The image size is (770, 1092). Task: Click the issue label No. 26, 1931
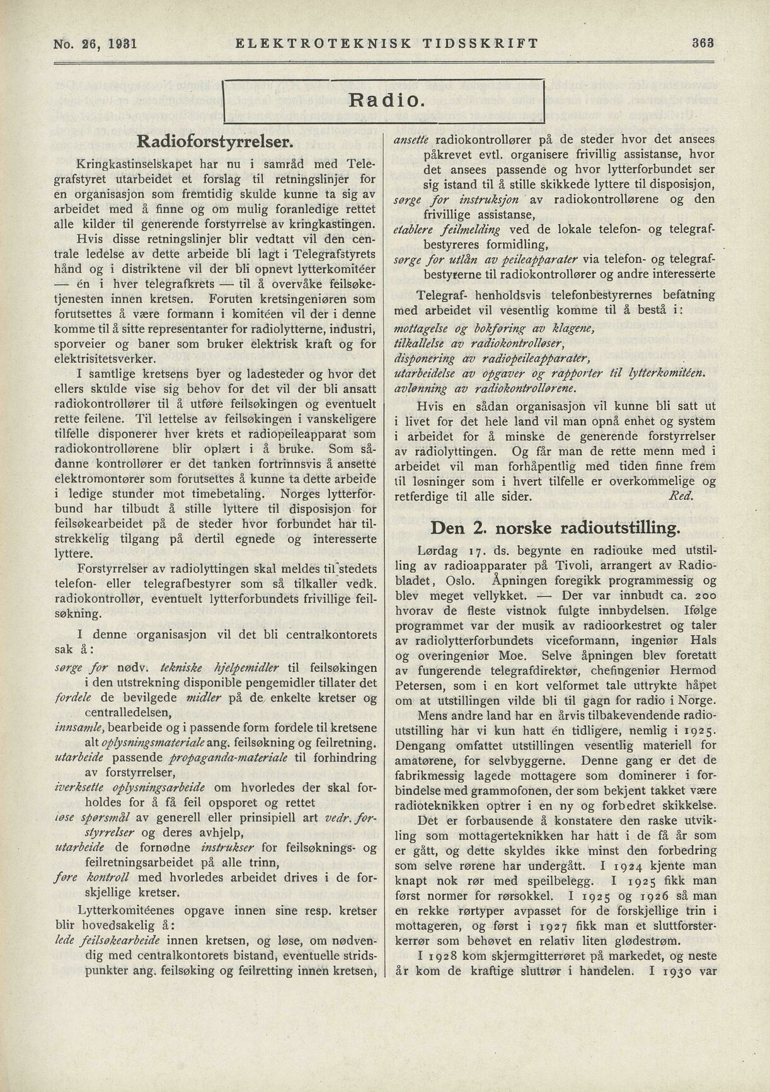pyautogui.click(x=96, y=43)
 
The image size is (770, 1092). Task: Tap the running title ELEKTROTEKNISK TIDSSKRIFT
pyautogui.click(x=386, y=43)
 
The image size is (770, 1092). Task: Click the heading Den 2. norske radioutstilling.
pyautogui.click(x=555, y=527)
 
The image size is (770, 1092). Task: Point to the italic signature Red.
pyautogui.click(x=680, y=496)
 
